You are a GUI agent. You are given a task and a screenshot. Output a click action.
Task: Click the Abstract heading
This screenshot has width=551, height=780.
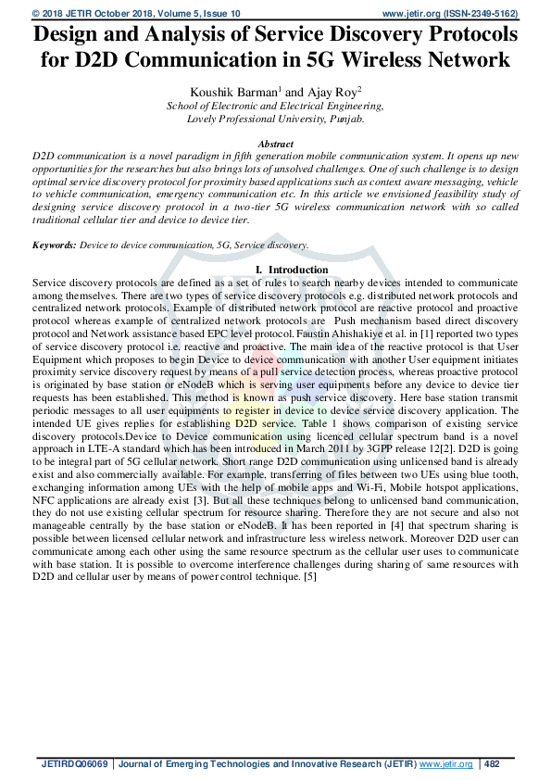click(x=275, y=145)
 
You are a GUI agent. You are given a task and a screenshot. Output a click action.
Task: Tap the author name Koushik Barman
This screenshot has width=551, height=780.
click(x=225, y=91)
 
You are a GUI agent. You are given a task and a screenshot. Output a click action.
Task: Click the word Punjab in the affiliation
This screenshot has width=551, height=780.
click(x=344, y=119)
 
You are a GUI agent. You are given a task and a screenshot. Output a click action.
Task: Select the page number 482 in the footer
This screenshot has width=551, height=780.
click(x=492, y=764)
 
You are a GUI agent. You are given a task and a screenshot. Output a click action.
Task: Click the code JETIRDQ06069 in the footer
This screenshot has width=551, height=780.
click(x=75, y=764)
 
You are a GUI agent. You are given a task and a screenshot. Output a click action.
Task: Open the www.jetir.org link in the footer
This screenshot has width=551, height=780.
click(x=446, y=764)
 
